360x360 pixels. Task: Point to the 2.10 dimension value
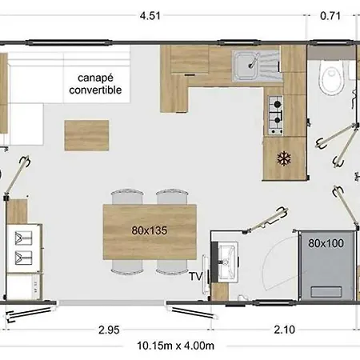click(x=281, y=329)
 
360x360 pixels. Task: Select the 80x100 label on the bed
click(x=325, y=242)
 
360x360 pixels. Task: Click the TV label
click(x=194, y=277)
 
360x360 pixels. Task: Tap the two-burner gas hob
click(x=275, y=113)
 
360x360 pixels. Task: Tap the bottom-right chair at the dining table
click(x=171, y=266)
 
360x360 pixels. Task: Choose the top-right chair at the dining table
click(x=171, y=197)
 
